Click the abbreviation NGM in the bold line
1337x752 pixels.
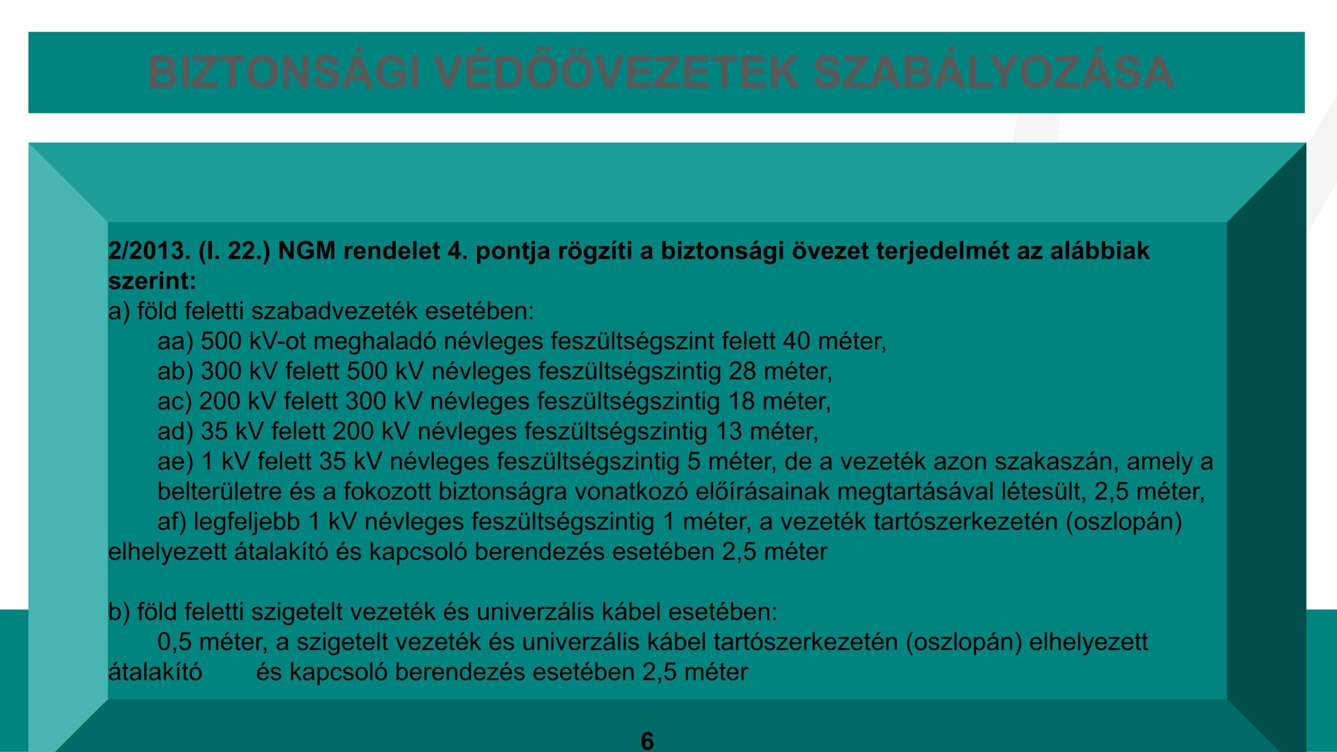[x=307, y=252]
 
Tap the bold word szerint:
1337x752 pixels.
[x=152, y=281]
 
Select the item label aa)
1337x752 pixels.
[x=175, y=342]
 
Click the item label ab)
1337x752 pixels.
[x=175, y=372]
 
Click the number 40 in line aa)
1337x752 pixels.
[x=796, y=342]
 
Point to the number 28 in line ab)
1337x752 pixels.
[x=743, y=372]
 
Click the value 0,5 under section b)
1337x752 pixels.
[x=175, y=642]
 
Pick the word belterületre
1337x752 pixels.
[x=213, y=492]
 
